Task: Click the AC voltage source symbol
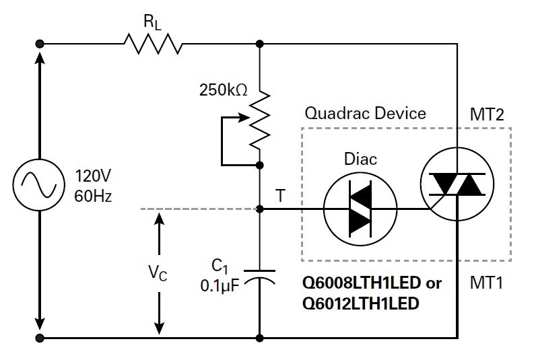[x=40, y=189]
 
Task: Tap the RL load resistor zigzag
[x=153, y=44]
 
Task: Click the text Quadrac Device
[x=365, y=112]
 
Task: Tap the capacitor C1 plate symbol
[x=260, y=276]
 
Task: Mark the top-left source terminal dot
[x=40, y=44]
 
